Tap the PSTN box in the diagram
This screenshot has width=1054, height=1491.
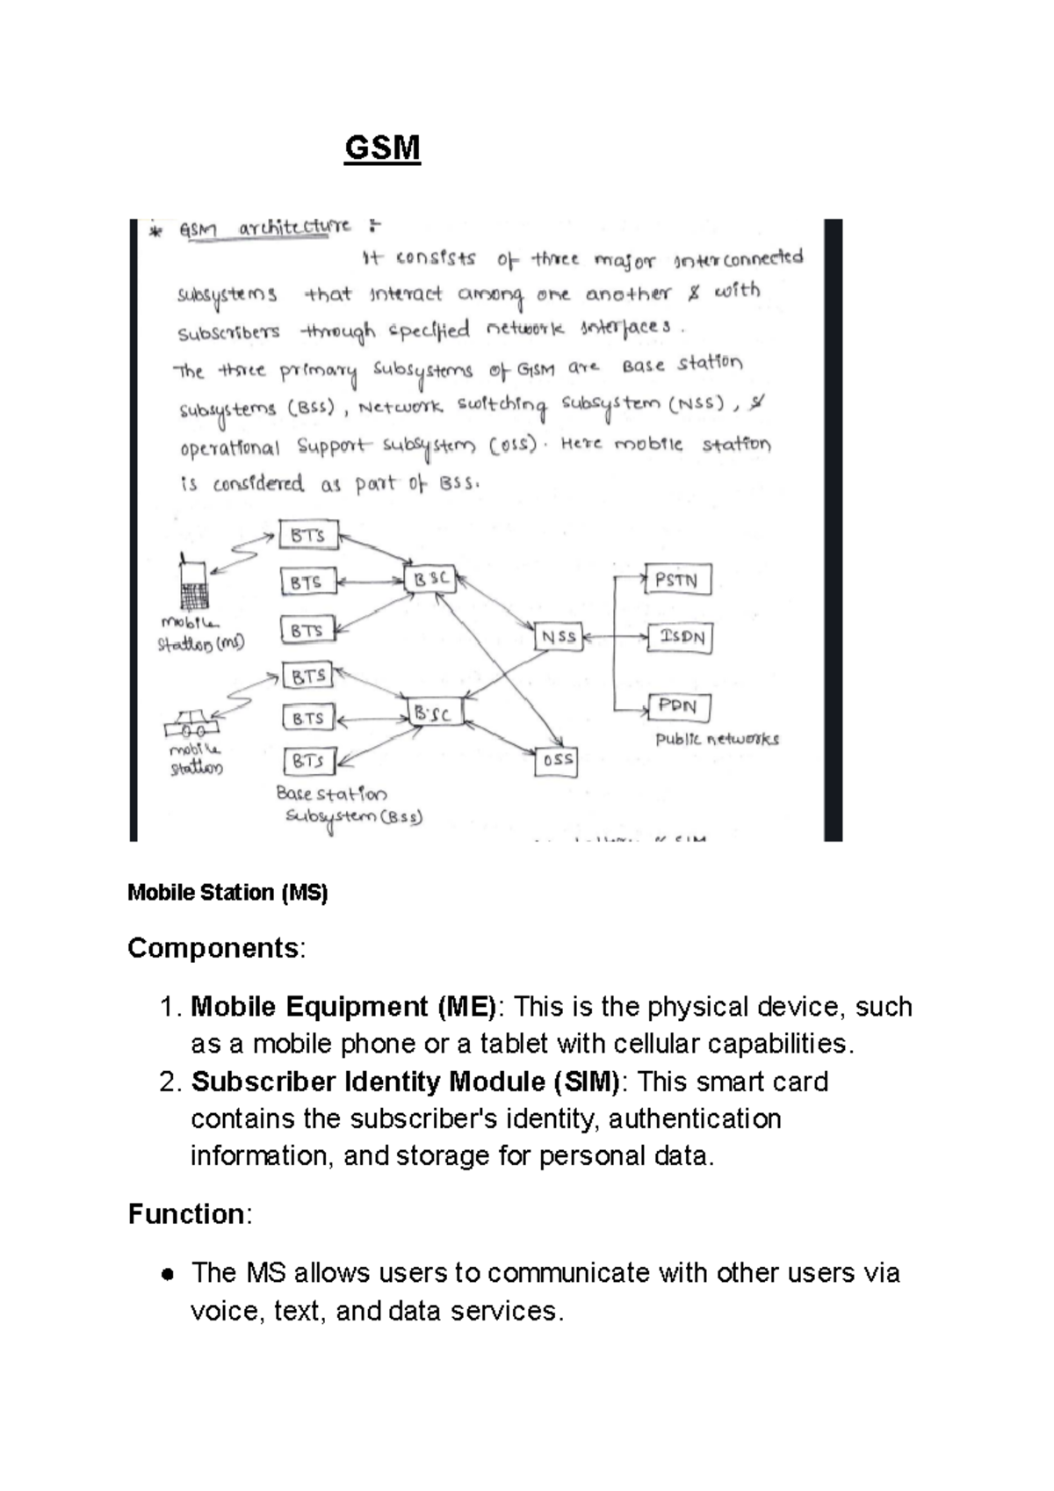677,580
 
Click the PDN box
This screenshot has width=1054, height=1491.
678,706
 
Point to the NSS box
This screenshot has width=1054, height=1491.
559,636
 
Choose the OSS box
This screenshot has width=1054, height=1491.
557,760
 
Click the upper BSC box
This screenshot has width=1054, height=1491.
430,580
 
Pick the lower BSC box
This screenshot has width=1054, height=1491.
434,713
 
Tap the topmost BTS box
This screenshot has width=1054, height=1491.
308,535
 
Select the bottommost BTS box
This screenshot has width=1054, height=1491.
309,760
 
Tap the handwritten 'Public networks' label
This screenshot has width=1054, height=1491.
717,739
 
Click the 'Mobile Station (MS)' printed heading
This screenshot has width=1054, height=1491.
227,893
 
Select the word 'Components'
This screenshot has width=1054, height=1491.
213,948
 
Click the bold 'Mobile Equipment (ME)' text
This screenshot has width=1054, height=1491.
343,1006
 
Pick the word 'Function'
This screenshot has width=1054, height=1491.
186,1214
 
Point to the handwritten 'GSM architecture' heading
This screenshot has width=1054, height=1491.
264,228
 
